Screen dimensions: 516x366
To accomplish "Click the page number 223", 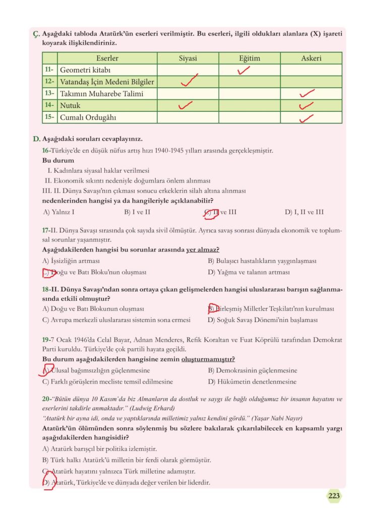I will pos(334,496).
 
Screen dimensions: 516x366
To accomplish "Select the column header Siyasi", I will pos(188,58).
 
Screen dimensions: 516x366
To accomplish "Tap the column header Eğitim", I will pos(249,58).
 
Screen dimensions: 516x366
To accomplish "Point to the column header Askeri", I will pos(311,58).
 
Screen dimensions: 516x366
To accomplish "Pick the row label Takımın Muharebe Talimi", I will pos(101,94).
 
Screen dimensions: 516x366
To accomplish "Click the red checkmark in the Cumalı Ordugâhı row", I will pos(306,118).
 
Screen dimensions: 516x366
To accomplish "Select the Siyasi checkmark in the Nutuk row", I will pos(186,105).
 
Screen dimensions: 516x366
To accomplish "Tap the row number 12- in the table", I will pos(49,82).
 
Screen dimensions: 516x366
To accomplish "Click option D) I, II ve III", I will pos(304,212).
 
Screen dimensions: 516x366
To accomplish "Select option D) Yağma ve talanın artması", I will pos(249,272).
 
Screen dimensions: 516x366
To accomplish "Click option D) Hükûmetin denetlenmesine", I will pos(252,382).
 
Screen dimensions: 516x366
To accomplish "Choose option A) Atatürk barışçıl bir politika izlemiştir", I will pos(100,448).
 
